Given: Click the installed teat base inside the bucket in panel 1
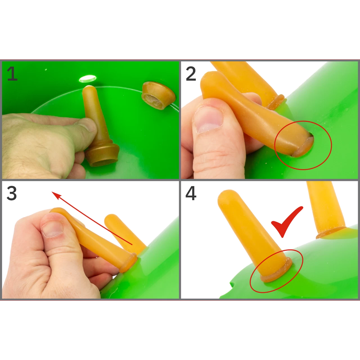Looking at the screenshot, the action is [158, 95].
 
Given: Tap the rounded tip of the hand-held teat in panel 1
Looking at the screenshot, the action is [88, 89].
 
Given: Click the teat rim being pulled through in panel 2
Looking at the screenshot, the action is [303, 147].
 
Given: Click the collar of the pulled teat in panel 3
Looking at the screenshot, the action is [129, 262].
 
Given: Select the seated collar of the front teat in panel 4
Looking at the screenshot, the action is [276, 271].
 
